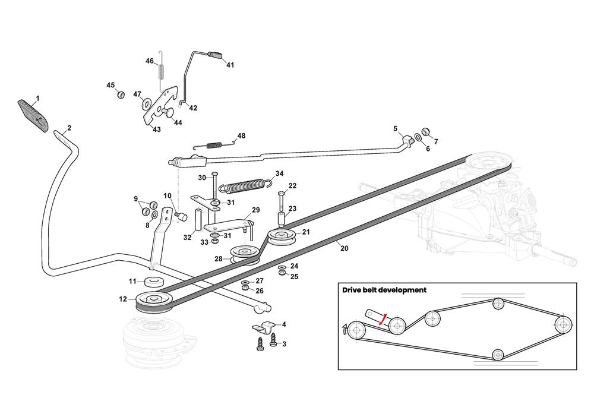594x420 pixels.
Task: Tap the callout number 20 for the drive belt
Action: click(x=344, y=249)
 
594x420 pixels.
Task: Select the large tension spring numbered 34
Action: click(x=246, y=183)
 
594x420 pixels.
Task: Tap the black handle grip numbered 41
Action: click(x=215, y=55)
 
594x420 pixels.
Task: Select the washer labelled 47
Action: click(x=146, y=105)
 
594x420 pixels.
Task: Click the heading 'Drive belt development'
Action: click(x=384, y=290)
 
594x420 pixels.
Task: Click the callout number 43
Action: click(x=156, y=130)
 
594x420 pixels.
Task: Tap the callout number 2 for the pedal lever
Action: click(x=69, y=128)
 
